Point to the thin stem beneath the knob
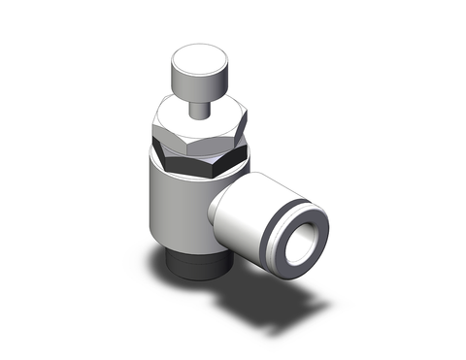pos(197,106)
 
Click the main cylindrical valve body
pos(175,213)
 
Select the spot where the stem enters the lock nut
pos(198,117)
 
